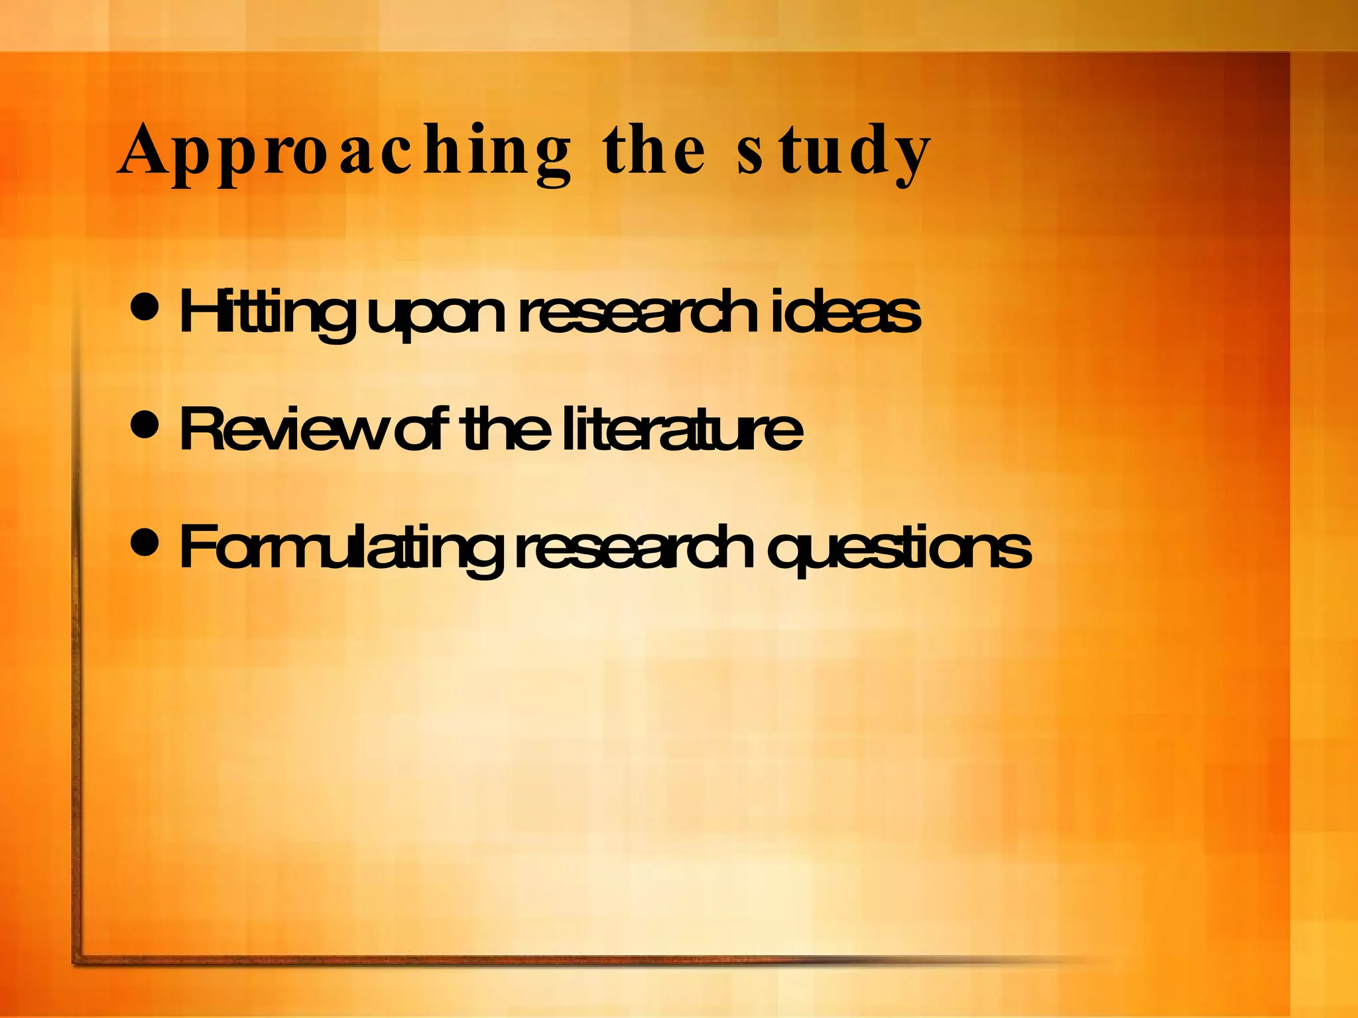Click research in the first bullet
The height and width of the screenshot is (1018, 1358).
pyautogui.click(x=637, y=311)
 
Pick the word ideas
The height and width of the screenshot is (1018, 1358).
pyautogui.click(x=845, y=311)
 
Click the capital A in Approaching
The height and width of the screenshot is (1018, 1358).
pyautogui.click(x=142, y=151)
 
